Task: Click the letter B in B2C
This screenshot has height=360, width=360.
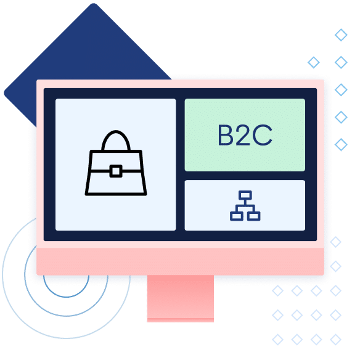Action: tap(226, 135)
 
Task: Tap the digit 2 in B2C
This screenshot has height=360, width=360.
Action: tap(242, 135)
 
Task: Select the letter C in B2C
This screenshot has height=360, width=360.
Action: tap(262, 135)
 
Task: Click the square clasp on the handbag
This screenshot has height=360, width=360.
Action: tap(116, 171)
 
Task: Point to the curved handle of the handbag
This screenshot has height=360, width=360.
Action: tap(116, 132)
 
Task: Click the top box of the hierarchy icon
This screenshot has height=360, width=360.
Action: tap(245, 195)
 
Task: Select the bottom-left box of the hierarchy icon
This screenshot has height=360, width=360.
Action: tap(237, 216)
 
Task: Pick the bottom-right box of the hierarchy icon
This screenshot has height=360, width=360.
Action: tap(254, 216)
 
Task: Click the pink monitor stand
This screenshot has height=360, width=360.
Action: tap(181, 298)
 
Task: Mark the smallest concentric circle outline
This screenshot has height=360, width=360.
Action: tap(66, 297)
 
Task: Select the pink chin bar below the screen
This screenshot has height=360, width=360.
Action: tap(180, 261)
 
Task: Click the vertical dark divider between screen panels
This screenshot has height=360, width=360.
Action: tap(180, 165)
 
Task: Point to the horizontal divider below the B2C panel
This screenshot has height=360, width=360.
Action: tap(245, 176)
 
